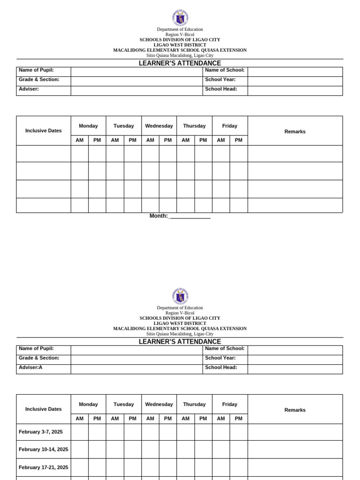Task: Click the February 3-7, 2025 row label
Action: tap(40, 432)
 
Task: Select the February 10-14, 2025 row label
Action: tap(43, 449)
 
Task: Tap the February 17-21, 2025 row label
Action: tap(43, 467)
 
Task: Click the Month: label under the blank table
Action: tap(158, 216)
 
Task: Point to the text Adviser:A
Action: tap(30, 367)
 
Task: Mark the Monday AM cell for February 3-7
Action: tap(80, 432)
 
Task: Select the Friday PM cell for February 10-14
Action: tap(239, 450)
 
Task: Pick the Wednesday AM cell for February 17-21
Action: tap(150, 467)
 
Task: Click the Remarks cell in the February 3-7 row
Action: tap(295, 432)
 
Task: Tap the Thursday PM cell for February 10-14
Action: tap(203, 450)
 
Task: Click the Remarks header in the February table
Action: tap(295, 410)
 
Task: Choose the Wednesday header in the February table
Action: tap(159, 404)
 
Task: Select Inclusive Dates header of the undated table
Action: tap(44, 131)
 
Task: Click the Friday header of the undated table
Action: tap(230, 126)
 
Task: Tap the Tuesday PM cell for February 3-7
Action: tap(133, 432)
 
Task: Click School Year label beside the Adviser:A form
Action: tap(221, 358)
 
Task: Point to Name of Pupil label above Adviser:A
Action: tap(36, 349)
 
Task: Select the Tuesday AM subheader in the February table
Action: tap(115, 418)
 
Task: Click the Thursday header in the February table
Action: tap(194, 404)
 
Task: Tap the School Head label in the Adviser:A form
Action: tap(221, 367)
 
